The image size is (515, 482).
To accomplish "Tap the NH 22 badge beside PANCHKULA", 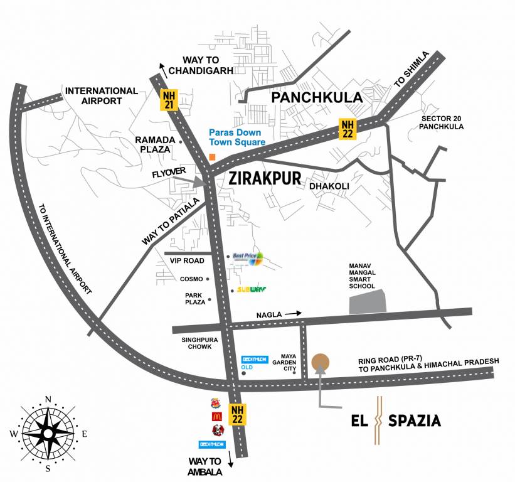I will coord(348,128).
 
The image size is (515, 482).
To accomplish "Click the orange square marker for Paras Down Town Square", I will coord(213,156).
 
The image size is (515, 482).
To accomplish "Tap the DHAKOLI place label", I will coord(328,186).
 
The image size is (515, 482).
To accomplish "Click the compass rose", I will coord(48,432).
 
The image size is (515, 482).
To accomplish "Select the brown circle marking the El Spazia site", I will coord(320,362).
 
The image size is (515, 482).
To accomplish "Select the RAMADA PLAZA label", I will coord(153,144).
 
